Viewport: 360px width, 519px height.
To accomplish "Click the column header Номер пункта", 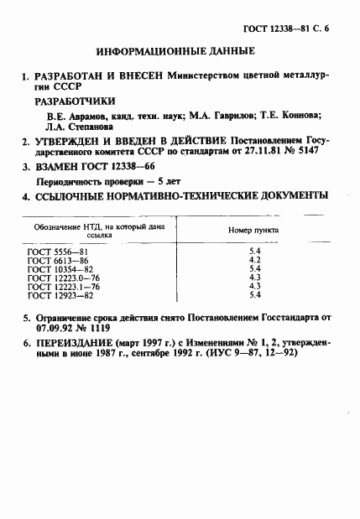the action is (x=254, y=230).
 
